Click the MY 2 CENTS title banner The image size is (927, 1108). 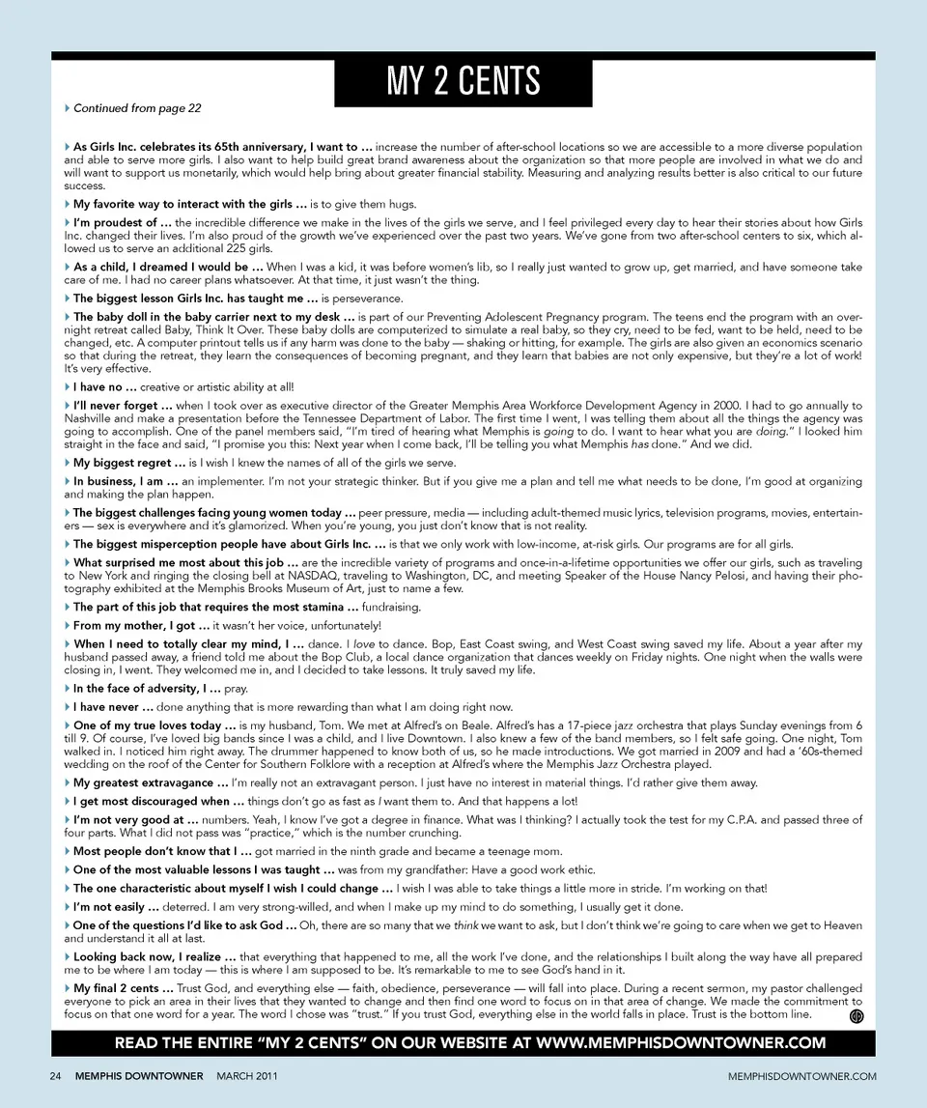tap(463, 80)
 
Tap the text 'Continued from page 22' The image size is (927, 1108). tap(136, 108)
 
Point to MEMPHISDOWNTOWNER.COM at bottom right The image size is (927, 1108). tap(802, 1075)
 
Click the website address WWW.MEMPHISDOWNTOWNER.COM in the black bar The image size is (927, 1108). tap(681, 1042)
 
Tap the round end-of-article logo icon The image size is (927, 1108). tap(856, 1016)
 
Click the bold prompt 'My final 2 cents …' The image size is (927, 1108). tap(123, 988)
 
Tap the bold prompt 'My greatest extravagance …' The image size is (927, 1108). tap(151, 782)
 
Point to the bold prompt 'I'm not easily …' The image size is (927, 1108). tap(116, 907)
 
